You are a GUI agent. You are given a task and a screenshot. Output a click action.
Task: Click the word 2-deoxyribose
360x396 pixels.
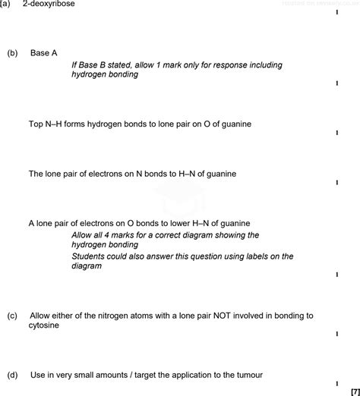[x=49, y=4]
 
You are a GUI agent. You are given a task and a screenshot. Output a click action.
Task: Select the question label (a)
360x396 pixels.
[x=5, y=4]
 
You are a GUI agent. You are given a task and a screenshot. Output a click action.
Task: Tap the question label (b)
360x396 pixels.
[x=12, y=53]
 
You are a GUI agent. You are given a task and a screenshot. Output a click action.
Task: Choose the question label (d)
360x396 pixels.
[x=12, y=375]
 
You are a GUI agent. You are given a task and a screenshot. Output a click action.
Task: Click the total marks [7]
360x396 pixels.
[x=354, y=391]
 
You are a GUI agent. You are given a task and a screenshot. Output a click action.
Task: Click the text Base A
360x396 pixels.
[x=44, y=53]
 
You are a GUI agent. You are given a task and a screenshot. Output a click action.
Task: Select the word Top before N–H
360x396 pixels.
[x=36, y=124]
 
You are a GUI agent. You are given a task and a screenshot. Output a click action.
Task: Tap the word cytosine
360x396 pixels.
[x=44, y=325]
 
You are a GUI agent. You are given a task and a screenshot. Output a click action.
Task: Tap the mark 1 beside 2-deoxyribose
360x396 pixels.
[x=336, y=12]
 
